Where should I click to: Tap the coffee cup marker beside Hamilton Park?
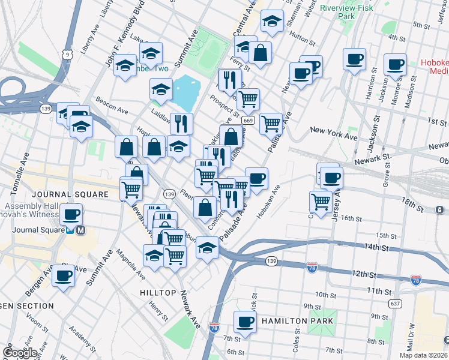coord(244,322)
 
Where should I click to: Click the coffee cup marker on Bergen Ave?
coord(64,276)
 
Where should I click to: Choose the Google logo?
coord(20,352)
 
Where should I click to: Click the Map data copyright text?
coord(423,355)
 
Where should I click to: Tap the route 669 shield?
coord(248,121)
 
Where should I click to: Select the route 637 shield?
coord(395,303)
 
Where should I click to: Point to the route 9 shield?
coord(68,55)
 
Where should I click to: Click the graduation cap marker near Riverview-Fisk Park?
coord(272,22)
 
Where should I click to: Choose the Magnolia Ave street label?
coord(131,265)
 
